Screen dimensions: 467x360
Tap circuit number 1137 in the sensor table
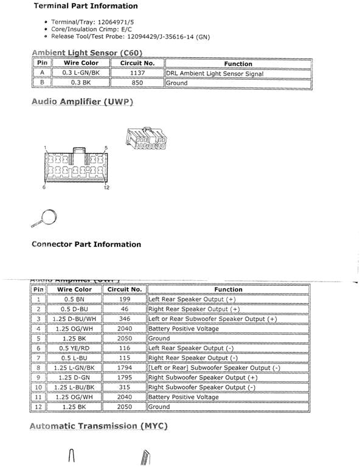[137, 74]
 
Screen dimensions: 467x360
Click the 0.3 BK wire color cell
[81, 83]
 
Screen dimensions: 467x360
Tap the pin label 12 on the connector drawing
[106, 187]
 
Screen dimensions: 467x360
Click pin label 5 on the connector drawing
[106, 148]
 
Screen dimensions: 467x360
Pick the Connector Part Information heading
[86, 244]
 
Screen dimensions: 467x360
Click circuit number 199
[125, 299]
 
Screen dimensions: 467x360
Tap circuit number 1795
[125, 378]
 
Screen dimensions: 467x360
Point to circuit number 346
[125, 319]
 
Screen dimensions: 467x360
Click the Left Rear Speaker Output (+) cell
[192, 299]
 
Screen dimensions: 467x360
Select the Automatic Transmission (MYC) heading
[98, 426]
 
